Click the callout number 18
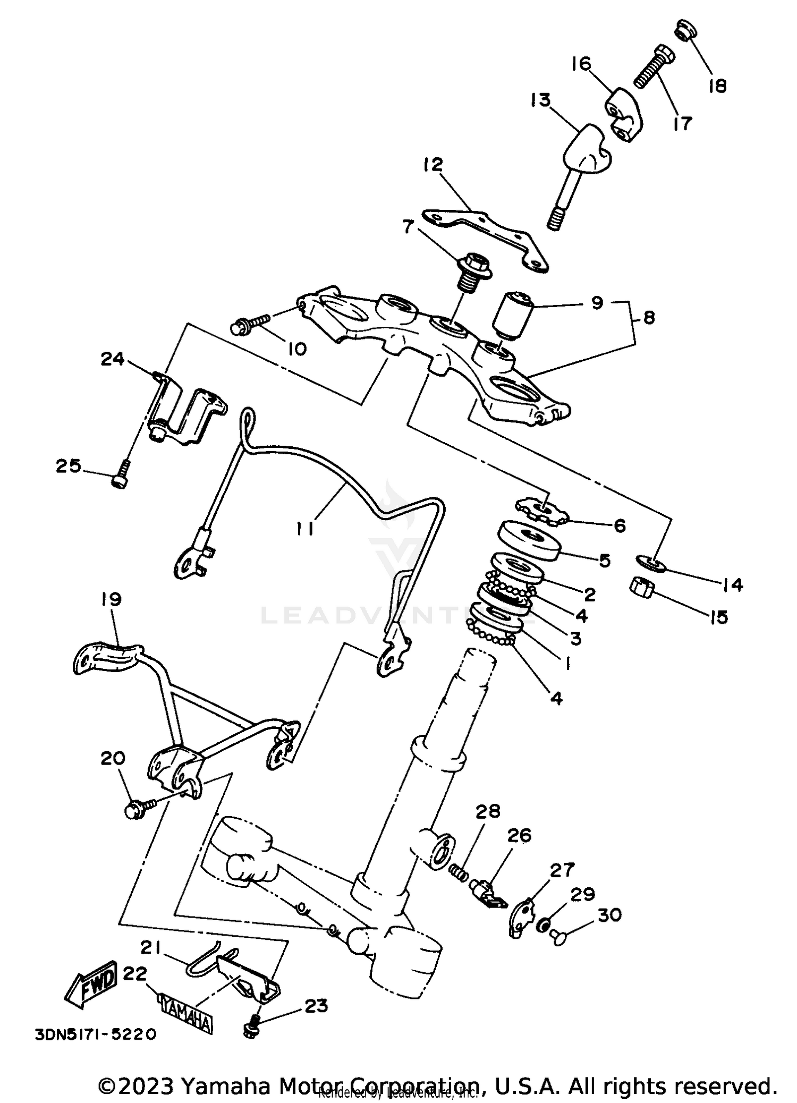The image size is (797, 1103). (x=717, y=86)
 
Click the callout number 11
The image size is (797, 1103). (x=304, y=528)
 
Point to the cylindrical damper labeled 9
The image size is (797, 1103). (x=513, y=316)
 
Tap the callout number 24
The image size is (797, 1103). (x=113, y=359)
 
